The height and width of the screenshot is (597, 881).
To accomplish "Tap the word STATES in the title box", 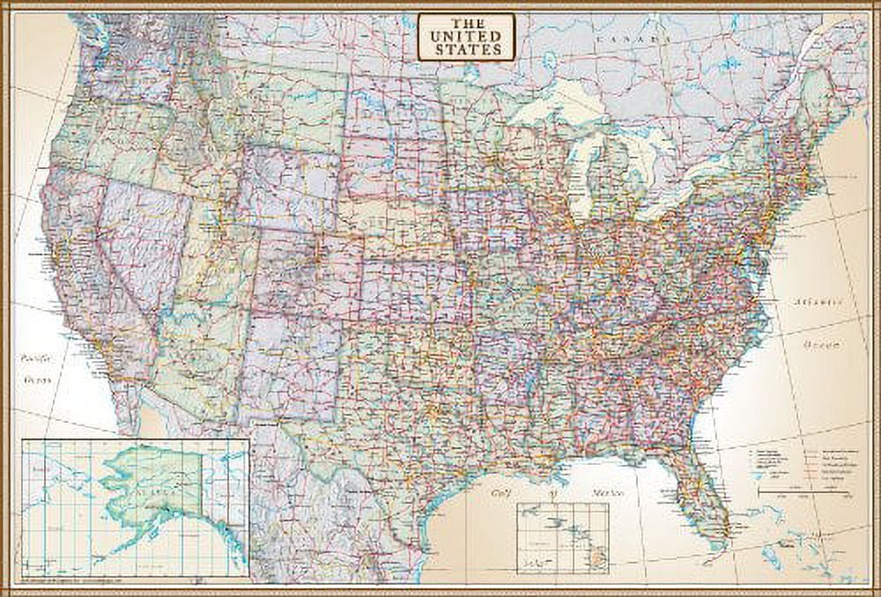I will pos(462,49).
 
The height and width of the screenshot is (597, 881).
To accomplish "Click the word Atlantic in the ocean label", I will pos(815,302).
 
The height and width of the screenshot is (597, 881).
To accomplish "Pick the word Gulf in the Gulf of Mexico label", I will pos(503,495).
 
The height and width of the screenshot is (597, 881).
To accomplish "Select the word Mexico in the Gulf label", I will pos(581,495).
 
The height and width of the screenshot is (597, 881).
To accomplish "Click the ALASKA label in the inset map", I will pos(140,482).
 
